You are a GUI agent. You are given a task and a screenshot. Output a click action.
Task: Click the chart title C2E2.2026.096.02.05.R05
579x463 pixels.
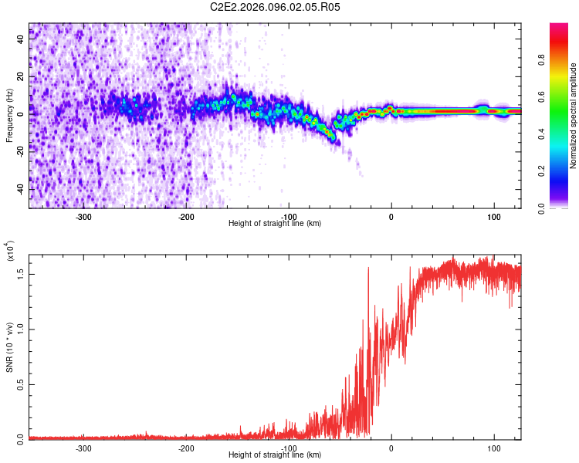coord(276,7)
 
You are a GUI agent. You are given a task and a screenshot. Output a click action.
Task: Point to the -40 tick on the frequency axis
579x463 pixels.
coord(22,188)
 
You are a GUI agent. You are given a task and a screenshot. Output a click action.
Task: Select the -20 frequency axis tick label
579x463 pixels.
coord(22,150)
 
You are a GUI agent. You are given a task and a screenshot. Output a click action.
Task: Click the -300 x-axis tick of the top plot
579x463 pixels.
coord(84,215)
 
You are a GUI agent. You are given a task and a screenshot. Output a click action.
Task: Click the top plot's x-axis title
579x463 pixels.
coord(275,224)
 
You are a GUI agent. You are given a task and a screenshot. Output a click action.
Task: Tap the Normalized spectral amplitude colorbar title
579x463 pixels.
coord(574,117)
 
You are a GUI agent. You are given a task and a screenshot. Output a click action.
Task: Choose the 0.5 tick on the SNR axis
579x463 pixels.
coord(22,384)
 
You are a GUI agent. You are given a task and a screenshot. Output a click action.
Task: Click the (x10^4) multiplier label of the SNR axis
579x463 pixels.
coord(10,252)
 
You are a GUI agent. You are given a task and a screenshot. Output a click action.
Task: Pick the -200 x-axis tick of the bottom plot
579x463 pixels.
coord(186,448)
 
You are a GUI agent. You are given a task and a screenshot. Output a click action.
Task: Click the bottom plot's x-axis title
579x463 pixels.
coord(275,455)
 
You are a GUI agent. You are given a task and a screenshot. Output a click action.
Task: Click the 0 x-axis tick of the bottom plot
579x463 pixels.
coord(391,448)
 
